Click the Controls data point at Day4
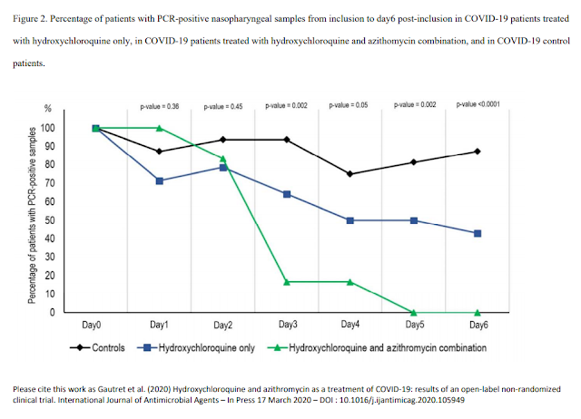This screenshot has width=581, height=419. tap(350, 174)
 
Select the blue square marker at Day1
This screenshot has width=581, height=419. tap(160, 181)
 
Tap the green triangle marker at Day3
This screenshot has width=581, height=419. tap(287, 282)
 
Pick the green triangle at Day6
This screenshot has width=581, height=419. tap(478, 313)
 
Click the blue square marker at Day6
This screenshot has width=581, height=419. tap(478, 234)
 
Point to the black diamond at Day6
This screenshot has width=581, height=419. tap(478, 151)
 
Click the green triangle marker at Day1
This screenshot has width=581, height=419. tap(160, 128)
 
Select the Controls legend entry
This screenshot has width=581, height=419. tap(97, 347)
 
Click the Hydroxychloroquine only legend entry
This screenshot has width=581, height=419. tap(196, 347)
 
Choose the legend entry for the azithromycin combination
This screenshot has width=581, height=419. tap(377, 347)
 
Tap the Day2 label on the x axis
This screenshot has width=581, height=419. tap(222, 325)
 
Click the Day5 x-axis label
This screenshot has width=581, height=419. tap(415, 325)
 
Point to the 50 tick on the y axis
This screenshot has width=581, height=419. tap(50, 220)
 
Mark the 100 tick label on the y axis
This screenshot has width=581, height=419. tap(48, 128)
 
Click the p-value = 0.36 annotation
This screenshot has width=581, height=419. tap(160, 107)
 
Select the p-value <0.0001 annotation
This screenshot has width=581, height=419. tap(478, 104)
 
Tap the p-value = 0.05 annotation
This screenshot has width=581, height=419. tap(349, 105)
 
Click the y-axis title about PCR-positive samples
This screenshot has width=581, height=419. tap(33, 215)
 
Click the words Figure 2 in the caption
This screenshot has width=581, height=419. tap(30, 19)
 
